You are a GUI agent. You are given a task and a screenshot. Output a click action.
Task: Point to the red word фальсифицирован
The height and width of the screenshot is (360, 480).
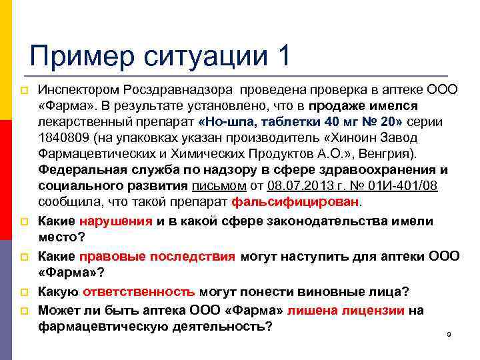(x=297, y=201)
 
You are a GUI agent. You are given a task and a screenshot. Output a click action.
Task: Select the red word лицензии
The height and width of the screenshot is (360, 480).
(x=376, y=310)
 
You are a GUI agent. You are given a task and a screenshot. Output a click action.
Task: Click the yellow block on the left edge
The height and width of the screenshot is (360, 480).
(x=3, y=60)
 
